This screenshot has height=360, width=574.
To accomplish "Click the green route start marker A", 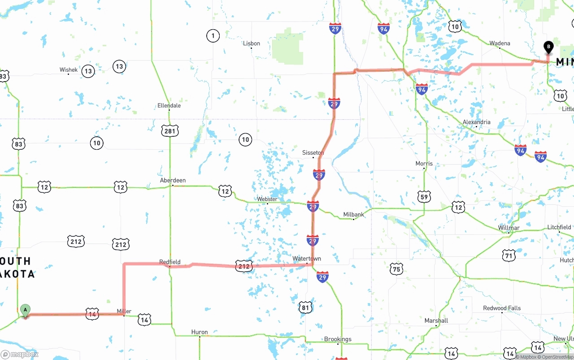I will (x=26, y=310).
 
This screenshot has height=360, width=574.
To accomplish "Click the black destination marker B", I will (x=548, y=47).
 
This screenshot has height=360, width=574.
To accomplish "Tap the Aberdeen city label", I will (x=173, y=180).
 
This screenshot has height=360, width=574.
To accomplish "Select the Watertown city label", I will (x=307, y=259).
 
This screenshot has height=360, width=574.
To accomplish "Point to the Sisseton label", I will (x=313, y=153).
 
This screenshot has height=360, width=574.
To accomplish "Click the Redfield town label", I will (x=170, y=262).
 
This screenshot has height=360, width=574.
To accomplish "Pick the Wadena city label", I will (x=500, y=43).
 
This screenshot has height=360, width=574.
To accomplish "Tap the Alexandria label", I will (x=476, y=122).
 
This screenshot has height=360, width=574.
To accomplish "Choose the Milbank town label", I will (x=354, y=214).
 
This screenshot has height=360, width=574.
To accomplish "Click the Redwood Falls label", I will (x=502, y=308).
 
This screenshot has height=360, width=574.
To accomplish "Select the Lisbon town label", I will (x=252, y=43).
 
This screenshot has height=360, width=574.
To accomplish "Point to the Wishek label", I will (x=69, y=69).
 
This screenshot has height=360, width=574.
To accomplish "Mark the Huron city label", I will (x=200, y=332).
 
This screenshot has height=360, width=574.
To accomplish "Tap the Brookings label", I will (x=338, y=339).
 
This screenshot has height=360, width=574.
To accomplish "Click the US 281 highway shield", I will (x=170, y=131).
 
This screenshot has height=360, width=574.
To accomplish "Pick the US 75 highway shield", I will (x=396, y=269).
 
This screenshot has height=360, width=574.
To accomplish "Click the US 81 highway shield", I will (x=305, y=307).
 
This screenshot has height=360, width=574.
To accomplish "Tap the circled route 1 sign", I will (x=213, y=35).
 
